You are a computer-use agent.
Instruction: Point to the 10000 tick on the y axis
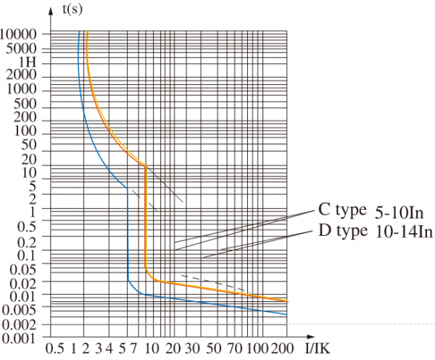[x=24, y=33]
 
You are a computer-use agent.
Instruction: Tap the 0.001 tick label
[x=24, y=337]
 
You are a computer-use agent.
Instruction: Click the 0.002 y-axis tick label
[x=24, y=324]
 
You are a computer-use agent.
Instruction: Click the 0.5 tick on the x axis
[x=55, y=348]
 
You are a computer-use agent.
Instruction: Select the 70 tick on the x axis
[x=233, y=348]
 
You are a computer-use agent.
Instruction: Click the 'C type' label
[x=343, y=211]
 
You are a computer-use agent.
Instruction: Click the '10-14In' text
[x=403, y=233]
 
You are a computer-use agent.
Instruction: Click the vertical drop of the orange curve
[x=146, y=218]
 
